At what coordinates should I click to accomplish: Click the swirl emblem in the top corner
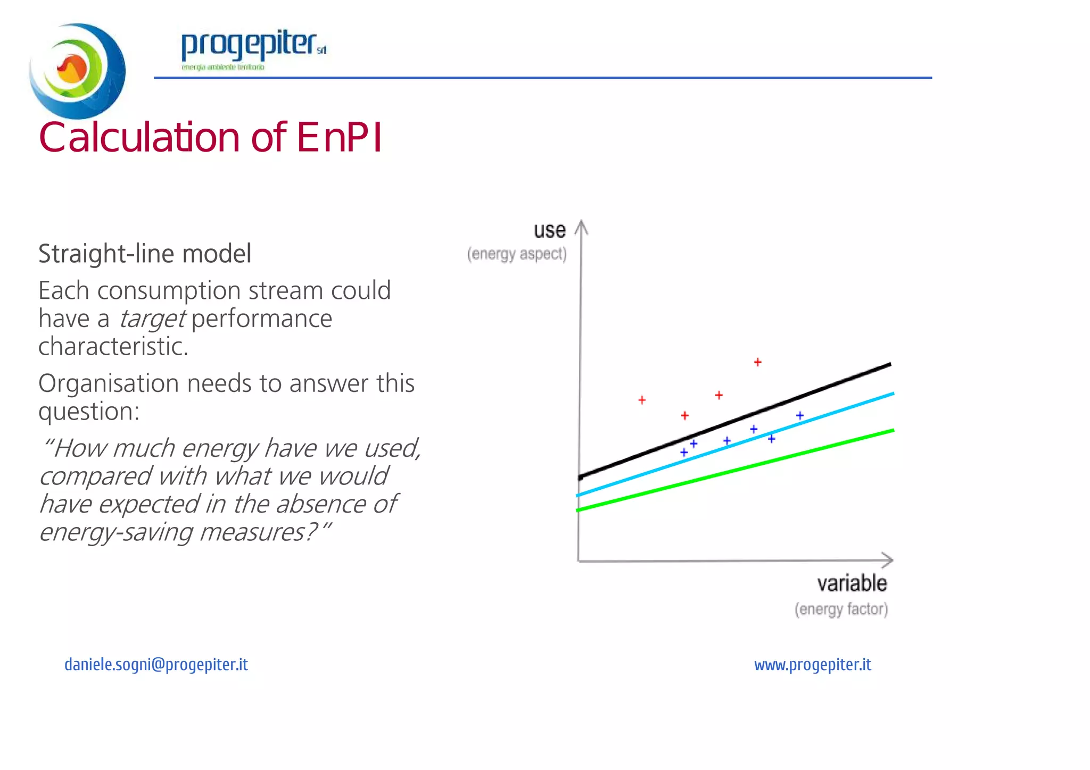coord(77,70)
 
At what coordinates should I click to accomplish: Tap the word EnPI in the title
coord(339,138)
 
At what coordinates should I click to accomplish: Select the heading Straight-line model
coord(145,254)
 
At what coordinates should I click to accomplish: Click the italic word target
coord(152,319)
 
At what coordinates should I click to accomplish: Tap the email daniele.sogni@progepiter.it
coord(156,665)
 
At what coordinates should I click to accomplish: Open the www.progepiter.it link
coord(812,665)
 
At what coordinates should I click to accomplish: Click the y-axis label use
coord(549,230)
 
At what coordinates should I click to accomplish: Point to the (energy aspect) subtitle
coord(517,254)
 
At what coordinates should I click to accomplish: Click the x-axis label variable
coord(852,583)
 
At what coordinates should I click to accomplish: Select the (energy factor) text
coord(841,609)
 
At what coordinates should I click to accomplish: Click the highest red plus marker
coord(757,362)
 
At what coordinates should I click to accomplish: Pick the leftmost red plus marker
coord(642,400)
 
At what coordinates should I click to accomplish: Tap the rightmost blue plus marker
coord(799,415)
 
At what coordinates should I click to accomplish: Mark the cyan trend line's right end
coord(892,394)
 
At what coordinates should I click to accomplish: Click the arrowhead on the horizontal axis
coord(888,560)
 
